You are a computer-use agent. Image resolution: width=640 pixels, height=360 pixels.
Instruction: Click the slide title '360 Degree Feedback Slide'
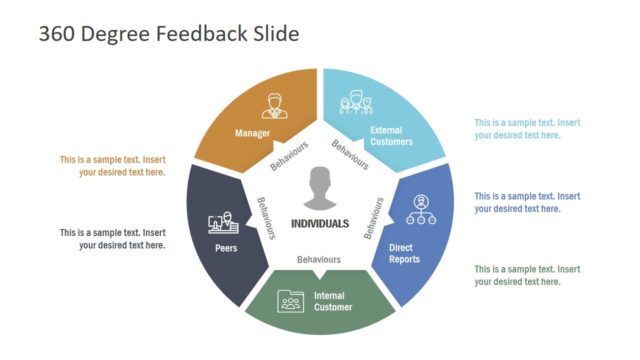point(168,34)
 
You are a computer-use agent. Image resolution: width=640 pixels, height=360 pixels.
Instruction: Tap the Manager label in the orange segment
point(253,132)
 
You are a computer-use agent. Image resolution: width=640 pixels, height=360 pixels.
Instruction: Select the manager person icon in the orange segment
point(275,104)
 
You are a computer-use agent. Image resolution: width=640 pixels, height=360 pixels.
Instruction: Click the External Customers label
point(391,136)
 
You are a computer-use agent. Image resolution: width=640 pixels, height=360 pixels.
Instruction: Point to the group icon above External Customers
point(355,103)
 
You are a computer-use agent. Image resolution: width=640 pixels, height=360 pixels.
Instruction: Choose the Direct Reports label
point(404,253)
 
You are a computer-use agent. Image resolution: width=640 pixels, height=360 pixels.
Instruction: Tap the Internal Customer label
point(333,301)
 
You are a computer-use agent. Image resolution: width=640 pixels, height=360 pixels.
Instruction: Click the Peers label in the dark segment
point(225,248)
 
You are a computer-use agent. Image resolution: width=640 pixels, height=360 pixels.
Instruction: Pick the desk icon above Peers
point(221,222)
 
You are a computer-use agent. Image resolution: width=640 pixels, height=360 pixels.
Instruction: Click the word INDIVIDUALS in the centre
point(320,223)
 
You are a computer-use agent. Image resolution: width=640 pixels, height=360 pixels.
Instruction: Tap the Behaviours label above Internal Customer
point(319,259)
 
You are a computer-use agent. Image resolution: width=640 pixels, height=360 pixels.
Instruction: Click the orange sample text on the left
point(112,165)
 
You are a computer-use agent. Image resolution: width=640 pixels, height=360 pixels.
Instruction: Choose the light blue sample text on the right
point(527,129)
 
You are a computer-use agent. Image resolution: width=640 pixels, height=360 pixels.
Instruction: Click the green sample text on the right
point(527,275)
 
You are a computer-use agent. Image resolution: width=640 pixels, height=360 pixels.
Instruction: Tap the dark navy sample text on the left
point(112,238)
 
